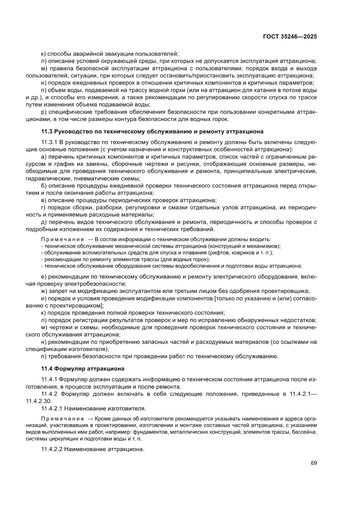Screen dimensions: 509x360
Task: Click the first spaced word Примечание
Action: [62, 239]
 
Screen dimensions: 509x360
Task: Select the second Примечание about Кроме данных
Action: [62, 418]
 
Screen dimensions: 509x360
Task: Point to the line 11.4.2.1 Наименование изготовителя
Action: [94, 408]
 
